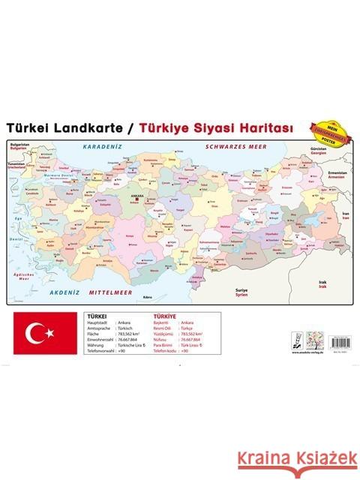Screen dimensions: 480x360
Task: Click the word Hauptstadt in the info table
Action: [x=100, y=322]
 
